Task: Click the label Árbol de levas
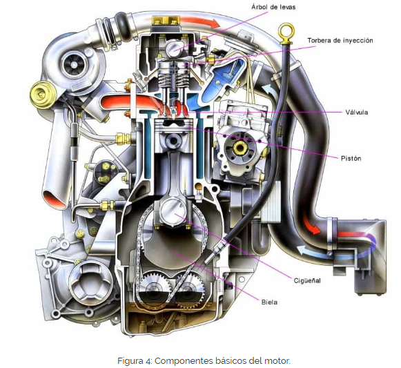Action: tap(273, 7)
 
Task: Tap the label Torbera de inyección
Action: tap(340, 41)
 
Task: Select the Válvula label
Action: tap(357, 112)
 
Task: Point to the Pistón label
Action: tap(351, 158)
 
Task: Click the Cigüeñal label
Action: tap(307, 280)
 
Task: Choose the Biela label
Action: tap(269, 302)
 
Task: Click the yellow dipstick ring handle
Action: tap(286, 31)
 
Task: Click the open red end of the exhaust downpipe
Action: tap(55, 200)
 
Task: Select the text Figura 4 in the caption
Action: tap(135, 361)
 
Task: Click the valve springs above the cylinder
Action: tap(174, 77)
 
